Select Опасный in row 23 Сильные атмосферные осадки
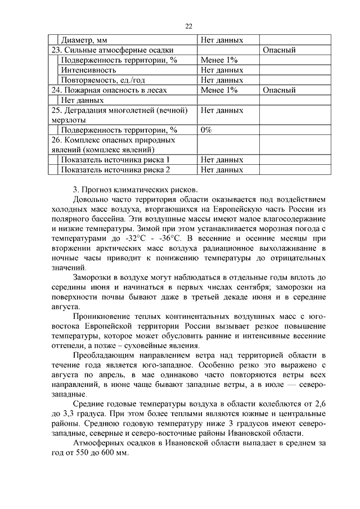point(279,51)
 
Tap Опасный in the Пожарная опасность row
point(279,90)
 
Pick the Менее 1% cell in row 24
point(219,90)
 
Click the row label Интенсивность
point(89,70)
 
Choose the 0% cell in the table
point(206,129)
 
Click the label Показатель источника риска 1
point(115,159)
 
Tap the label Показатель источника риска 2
point(115,169)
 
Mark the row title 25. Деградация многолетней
point(119,110)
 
